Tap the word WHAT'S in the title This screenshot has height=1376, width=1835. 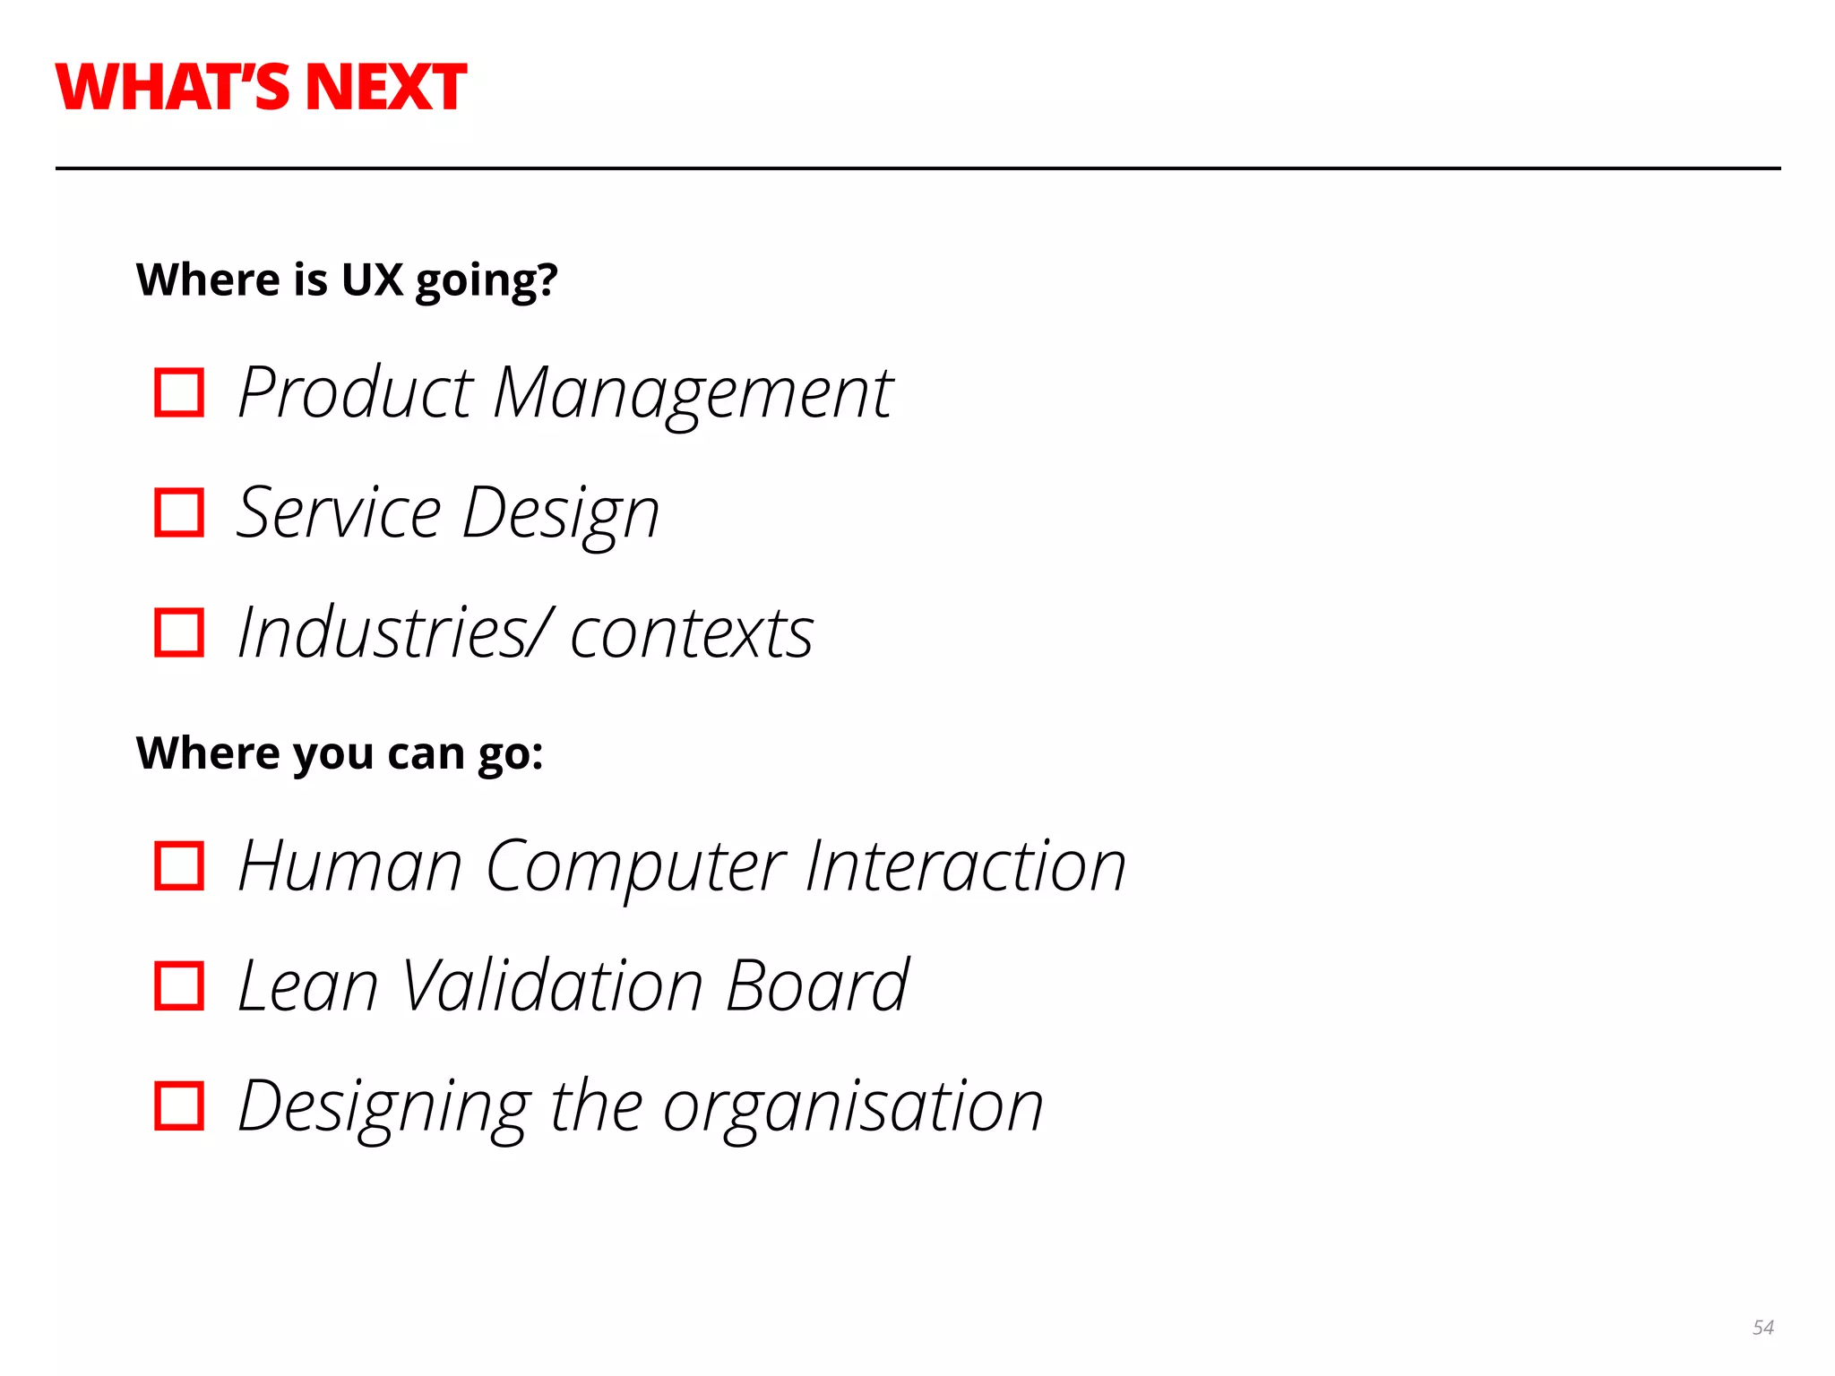(x=173, y=88)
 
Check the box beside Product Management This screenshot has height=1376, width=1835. (x=179, y=392)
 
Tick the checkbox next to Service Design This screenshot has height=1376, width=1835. (x=179, y=512)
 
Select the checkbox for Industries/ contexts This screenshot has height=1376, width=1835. (x=179, y=632)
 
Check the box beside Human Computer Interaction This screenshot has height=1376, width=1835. (x=179, y=865)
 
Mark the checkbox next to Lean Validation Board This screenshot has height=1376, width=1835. (x=179, y=985)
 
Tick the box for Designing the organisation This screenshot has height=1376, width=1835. (x=179, y=1105)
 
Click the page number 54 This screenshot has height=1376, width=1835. (x=1762, y=1327)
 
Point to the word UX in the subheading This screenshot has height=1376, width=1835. (x=372, y=279)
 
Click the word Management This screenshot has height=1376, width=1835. (x=693, y=394)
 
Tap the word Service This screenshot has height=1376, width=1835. (x=339, y=512)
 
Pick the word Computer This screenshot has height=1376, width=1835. (x=635, y=867)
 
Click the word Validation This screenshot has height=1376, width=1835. (x=552, y=985)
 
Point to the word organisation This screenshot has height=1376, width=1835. (x=853, y=1107)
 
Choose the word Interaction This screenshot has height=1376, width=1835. (x=965, y=866)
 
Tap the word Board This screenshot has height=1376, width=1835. (x=816, y=985)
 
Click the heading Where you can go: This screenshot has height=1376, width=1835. (x=340, y=753)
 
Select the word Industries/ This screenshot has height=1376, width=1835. (x=394, y=632)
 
